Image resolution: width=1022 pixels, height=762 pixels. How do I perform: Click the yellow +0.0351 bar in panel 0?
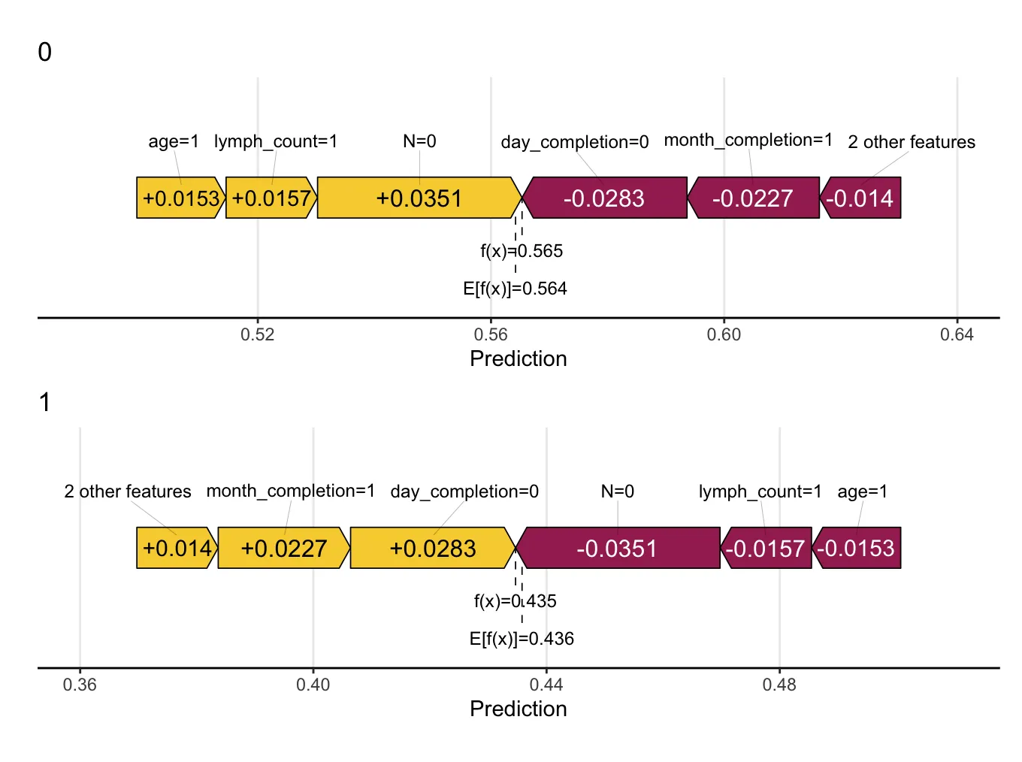pos(419,198)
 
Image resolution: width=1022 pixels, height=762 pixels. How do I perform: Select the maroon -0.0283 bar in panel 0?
pos(604,198)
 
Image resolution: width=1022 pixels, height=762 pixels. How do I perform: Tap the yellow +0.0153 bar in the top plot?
pos(180,198)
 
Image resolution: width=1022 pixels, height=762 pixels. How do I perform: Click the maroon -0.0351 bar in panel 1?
pos(617,549)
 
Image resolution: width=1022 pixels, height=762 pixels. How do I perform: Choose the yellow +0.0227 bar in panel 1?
pos(283,549)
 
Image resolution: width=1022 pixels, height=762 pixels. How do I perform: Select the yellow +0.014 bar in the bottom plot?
pos(177,549)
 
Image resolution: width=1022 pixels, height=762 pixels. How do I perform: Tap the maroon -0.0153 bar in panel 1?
pos(856,549)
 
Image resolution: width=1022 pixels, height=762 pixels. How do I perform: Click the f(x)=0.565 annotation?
pos(522,251)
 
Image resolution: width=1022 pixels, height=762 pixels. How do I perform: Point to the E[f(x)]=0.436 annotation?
pos(522,639)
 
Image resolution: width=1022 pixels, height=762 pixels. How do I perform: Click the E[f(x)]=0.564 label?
pos(515,289)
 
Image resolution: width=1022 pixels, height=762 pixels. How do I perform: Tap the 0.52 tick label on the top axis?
pos(258,335)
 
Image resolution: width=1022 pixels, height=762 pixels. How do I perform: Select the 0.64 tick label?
pos(957,335)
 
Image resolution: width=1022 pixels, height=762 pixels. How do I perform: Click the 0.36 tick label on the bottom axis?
pos(80,685)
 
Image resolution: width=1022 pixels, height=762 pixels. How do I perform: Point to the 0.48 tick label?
pos(779,685)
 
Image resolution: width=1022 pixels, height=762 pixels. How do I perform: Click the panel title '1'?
pos(45,403)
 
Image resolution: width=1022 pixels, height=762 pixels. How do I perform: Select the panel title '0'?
pos(45,53)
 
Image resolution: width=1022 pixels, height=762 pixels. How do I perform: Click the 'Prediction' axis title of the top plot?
pos(518,359)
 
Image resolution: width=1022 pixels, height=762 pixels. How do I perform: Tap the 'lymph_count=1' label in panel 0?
pos(276,141)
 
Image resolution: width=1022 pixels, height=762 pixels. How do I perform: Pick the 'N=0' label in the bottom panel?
pos(618,491)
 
